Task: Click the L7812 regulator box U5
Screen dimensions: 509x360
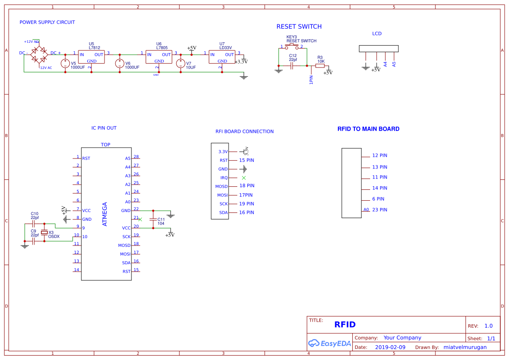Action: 91,57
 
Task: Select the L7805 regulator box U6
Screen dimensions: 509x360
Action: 159,57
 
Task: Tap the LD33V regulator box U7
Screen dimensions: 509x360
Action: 222,57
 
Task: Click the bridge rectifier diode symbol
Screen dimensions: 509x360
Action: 39,54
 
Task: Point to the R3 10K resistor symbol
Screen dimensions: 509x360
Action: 320,66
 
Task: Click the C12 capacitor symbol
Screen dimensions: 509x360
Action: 292,66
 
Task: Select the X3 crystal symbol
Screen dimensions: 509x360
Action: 44,232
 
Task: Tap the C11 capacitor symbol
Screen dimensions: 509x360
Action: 153,219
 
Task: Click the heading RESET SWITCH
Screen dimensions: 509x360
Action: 299,27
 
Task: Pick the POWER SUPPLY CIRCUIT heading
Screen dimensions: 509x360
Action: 47,22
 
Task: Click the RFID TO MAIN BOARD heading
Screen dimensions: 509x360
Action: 368,129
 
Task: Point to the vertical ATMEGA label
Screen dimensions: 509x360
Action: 104,214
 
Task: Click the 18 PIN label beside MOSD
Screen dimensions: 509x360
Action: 247,186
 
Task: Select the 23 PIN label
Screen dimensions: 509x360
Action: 380,210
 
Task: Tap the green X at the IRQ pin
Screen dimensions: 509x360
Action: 244,178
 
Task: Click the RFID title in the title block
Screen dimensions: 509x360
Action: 345,325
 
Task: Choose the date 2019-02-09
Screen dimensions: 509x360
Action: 390,347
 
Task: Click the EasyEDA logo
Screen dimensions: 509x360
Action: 330,343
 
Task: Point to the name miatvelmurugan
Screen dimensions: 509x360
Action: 465,347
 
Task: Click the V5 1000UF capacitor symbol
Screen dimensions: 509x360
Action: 65,64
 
